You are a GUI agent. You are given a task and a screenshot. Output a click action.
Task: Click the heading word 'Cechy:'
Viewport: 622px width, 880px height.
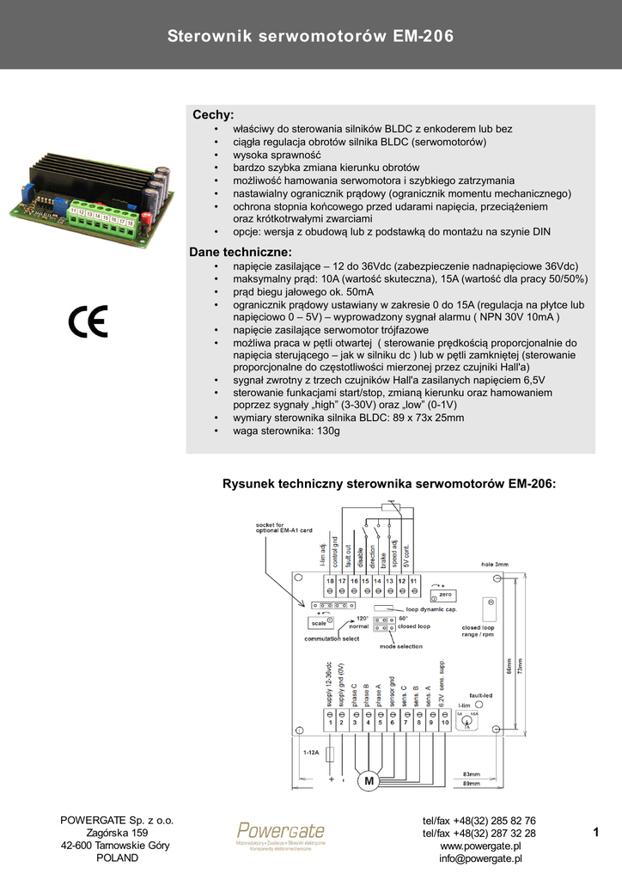coord(213,114)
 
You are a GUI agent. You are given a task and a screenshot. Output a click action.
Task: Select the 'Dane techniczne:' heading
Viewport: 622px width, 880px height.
coord(241,252)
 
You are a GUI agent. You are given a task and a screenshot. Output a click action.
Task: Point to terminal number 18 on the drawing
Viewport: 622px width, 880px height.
coord(330,582)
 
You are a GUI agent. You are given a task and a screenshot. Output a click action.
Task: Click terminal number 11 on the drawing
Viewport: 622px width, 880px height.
coord(412,582)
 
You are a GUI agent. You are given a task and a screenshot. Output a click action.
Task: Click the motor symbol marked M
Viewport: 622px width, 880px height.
coord(369,781)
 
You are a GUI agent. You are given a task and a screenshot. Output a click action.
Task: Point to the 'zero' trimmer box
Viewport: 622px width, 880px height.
coord(444,594)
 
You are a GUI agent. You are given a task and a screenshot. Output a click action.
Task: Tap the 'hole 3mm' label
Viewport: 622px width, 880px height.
coord(494,565)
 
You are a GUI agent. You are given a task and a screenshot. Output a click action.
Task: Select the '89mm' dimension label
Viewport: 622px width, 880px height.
coord(472,784)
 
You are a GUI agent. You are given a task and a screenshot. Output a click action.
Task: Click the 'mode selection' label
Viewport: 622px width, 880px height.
coord(401,646)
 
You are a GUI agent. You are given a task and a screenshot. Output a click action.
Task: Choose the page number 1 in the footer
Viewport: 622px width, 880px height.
coord(595,832)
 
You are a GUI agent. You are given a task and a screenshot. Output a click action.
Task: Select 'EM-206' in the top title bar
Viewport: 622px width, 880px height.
coord(423,36)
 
